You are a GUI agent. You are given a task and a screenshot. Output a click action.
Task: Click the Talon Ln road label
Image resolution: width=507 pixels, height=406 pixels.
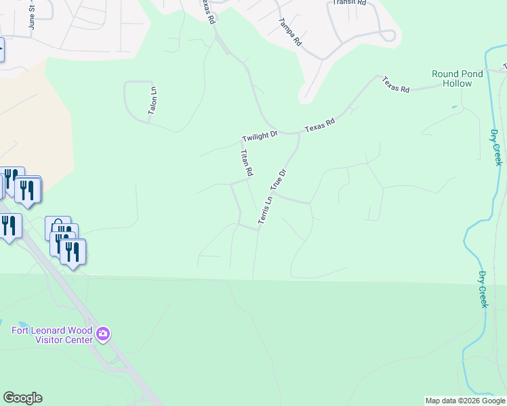coord(153,100)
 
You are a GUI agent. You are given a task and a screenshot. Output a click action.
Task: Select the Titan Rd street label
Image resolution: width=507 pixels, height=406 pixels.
coord(246,163)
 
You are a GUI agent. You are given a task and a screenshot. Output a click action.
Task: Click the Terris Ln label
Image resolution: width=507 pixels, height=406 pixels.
coord(265,210)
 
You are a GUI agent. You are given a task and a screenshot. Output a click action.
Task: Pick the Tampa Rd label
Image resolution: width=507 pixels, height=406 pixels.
coord(289,31)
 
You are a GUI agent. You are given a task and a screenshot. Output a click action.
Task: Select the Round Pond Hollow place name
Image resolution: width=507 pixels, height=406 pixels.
coord(458,78)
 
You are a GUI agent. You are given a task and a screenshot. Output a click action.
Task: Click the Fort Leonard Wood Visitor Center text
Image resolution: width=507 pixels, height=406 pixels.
coord(52,335)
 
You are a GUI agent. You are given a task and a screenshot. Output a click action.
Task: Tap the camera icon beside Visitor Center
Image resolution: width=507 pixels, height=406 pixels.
coord(103,334)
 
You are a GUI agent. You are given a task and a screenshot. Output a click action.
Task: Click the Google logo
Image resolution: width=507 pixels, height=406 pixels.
coord(22,398)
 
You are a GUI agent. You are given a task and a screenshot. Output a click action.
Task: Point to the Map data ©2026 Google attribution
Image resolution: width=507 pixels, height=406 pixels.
coord(465,401)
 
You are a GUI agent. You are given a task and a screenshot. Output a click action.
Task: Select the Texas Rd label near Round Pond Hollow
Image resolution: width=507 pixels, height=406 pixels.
coord(396,85)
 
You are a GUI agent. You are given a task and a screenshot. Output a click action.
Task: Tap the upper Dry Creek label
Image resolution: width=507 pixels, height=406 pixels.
coord(496,148)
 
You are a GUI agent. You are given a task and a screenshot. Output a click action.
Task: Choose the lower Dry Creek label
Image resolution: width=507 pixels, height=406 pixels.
coord(483,290)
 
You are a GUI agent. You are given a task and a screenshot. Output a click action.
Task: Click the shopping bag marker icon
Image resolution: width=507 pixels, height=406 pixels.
coord(58,228)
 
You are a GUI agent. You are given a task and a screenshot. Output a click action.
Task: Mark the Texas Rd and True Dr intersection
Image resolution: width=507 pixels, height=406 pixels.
coord(299,133)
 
